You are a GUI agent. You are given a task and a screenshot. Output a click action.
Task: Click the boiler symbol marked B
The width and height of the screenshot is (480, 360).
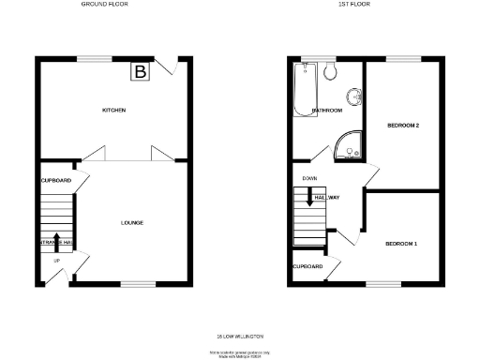[x=141, y=71]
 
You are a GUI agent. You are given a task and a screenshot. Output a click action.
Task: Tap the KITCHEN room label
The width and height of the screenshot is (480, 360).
[x=114, y=111]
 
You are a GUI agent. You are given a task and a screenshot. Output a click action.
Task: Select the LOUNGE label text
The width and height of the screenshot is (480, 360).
[x=132, y=222]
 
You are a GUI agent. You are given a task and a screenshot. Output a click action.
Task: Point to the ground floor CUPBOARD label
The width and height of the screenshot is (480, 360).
[x=56, y=180]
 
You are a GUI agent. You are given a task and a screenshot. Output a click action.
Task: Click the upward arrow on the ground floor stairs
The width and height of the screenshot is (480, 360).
[x=56, y=240]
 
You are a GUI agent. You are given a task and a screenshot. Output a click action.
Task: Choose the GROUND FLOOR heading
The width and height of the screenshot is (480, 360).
[x=105, y=5]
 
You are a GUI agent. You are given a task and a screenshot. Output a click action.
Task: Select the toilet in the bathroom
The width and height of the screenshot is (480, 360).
[x=330, y=72]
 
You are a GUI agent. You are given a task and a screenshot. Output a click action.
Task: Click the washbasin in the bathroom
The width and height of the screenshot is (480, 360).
[x=355, y=96]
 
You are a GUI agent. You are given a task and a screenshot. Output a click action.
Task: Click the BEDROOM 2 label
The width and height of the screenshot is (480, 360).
[x=402, y=125]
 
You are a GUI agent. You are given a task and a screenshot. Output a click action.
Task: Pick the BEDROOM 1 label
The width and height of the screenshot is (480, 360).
[x=401, y=244]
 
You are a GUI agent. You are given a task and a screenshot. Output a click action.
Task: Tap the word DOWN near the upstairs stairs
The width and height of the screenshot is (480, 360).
[x=308, y=178]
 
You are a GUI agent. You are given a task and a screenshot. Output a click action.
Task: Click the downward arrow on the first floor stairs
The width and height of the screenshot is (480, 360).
[x=308, y=197]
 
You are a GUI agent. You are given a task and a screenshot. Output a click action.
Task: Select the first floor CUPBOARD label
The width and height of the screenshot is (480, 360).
[x=308, y=266]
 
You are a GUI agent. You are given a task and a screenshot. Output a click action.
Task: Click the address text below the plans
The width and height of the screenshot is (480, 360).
[x=240, y=335]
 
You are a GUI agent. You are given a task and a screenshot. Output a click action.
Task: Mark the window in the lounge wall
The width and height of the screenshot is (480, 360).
[x=137, y=283]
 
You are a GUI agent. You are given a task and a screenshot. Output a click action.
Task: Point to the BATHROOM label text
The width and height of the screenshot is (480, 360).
[x=327, y=111]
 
